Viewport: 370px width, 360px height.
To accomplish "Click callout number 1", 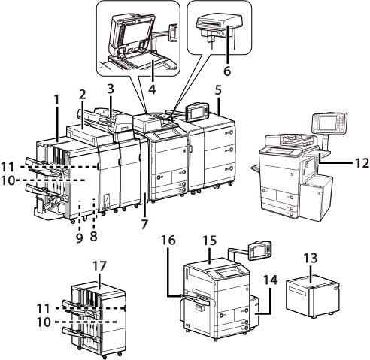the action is [x=57, y=100].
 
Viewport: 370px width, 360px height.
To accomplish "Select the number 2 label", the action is [x=82, y=95].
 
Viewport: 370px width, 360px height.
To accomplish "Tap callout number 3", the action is [x=111, y=89].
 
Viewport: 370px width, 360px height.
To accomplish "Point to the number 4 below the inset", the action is [x=152, y=89].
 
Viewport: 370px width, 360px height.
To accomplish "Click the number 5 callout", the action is [x=218, y=90].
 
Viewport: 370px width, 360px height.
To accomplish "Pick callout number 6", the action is [x=227, y=71].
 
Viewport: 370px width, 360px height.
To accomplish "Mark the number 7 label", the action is [x=144, y=224].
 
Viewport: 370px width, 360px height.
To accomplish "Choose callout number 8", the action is [x=94, y=236].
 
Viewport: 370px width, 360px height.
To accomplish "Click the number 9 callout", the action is [x=79, y=237].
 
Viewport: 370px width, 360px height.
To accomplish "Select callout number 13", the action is [x=311, y=258].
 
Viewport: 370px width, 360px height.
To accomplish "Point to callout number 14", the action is [x=270, y=280].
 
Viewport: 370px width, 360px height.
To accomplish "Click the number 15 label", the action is [x=210, y=241].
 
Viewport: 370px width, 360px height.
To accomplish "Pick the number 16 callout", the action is [x=168, y=241].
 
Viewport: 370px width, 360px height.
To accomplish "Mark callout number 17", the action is [x=99, y=266].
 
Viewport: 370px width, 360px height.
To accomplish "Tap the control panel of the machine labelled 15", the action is [x=259, y=251].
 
